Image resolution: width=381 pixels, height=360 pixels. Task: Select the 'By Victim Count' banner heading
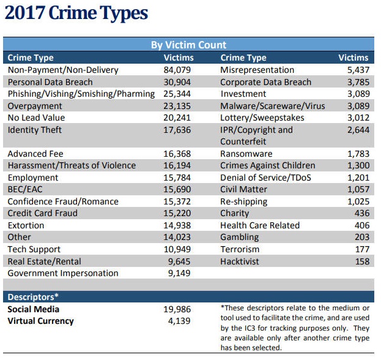coord(188,45)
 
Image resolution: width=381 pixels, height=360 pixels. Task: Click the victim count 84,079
coord(177,70)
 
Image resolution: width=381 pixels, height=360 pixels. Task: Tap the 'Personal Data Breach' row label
coord(50,82)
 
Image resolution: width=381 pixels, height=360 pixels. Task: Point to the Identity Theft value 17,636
coord(177,130)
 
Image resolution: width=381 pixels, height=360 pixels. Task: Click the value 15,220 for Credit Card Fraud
coord(177,214)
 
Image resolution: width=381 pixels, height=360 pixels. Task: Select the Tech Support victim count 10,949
coord(177,250)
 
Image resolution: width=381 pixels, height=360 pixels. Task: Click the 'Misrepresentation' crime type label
coord(257,70)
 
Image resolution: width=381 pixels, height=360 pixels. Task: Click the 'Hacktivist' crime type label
coord(240,261)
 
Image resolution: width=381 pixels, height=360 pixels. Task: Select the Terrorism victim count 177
coord(361,250)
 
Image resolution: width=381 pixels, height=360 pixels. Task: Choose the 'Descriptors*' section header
coord(33,297)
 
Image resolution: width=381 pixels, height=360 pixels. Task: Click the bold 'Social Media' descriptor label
coord(34,309)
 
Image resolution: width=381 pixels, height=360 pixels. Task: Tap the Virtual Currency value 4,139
coord(180,321)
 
